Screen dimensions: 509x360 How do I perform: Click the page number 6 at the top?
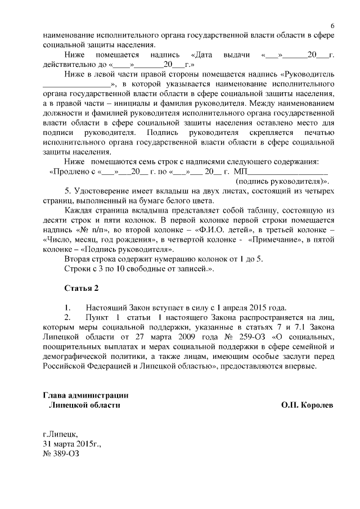332,26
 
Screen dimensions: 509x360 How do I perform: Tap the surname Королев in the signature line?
317,404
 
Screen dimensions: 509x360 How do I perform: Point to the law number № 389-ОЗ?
60,453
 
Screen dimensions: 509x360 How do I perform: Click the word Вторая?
78,259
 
